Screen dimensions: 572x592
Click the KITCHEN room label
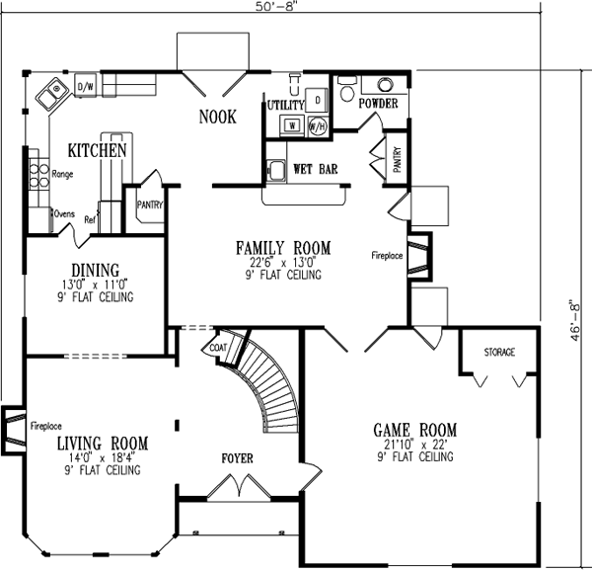98,151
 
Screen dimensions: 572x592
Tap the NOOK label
217,117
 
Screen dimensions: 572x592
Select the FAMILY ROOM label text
282,247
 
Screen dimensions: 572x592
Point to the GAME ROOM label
413,430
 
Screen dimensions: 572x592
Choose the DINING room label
95,270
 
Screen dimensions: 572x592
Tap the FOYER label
237,459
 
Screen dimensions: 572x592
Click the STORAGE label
499,353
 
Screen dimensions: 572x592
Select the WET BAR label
315,170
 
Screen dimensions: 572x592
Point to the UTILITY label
285,103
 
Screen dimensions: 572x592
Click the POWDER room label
378,103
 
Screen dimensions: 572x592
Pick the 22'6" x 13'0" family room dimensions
282,263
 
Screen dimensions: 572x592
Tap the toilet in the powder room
345,91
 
